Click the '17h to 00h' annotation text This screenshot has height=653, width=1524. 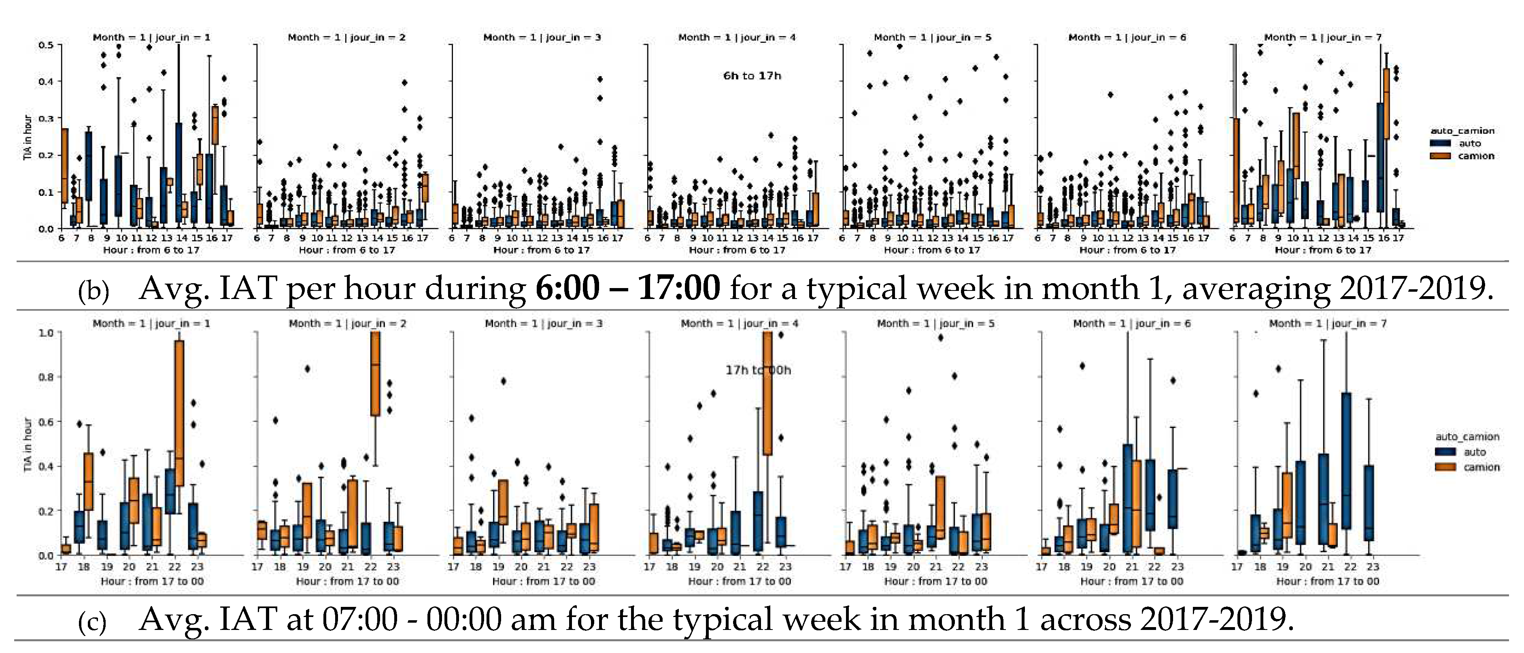(758, 370)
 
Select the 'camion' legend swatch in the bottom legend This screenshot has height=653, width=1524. (1445, 467)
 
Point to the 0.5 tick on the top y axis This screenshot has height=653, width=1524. (46, 45)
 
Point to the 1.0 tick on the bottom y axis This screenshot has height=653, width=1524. (46, 333)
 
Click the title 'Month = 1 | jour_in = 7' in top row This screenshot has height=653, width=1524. (1323, 37)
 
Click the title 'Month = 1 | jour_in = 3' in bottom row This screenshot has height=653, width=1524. (544, 324)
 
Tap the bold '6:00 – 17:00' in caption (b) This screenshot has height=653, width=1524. (628, 288)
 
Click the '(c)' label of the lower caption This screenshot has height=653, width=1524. (92, 622)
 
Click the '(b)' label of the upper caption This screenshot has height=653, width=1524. (94, 291)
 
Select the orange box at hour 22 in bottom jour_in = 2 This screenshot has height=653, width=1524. (375, 374)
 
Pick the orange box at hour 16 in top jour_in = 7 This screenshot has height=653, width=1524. (1386, 104)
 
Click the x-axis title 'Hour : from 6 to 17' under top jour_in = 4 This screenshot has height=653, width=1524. (737, 250)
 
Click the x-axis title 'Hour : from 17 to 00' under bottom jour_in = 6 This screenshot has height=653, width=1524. (1131, 581)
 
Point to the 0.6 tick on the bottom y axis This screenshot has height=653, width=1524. (46, 422)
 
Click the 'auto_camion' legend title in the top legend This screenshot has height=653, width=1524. (1462, 131)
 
